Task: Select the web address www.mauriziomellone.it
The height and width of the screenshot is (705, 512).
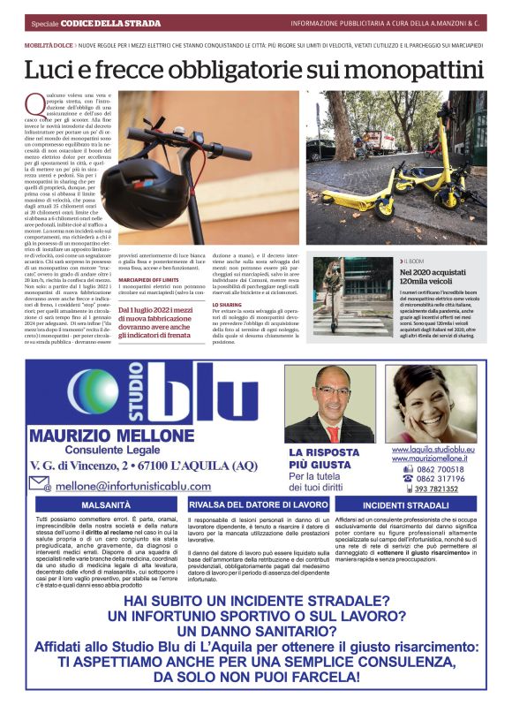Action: [433, 459]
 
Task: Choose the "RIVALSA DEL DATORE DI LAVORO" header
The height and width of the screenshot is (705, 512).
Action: [259, 504]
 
